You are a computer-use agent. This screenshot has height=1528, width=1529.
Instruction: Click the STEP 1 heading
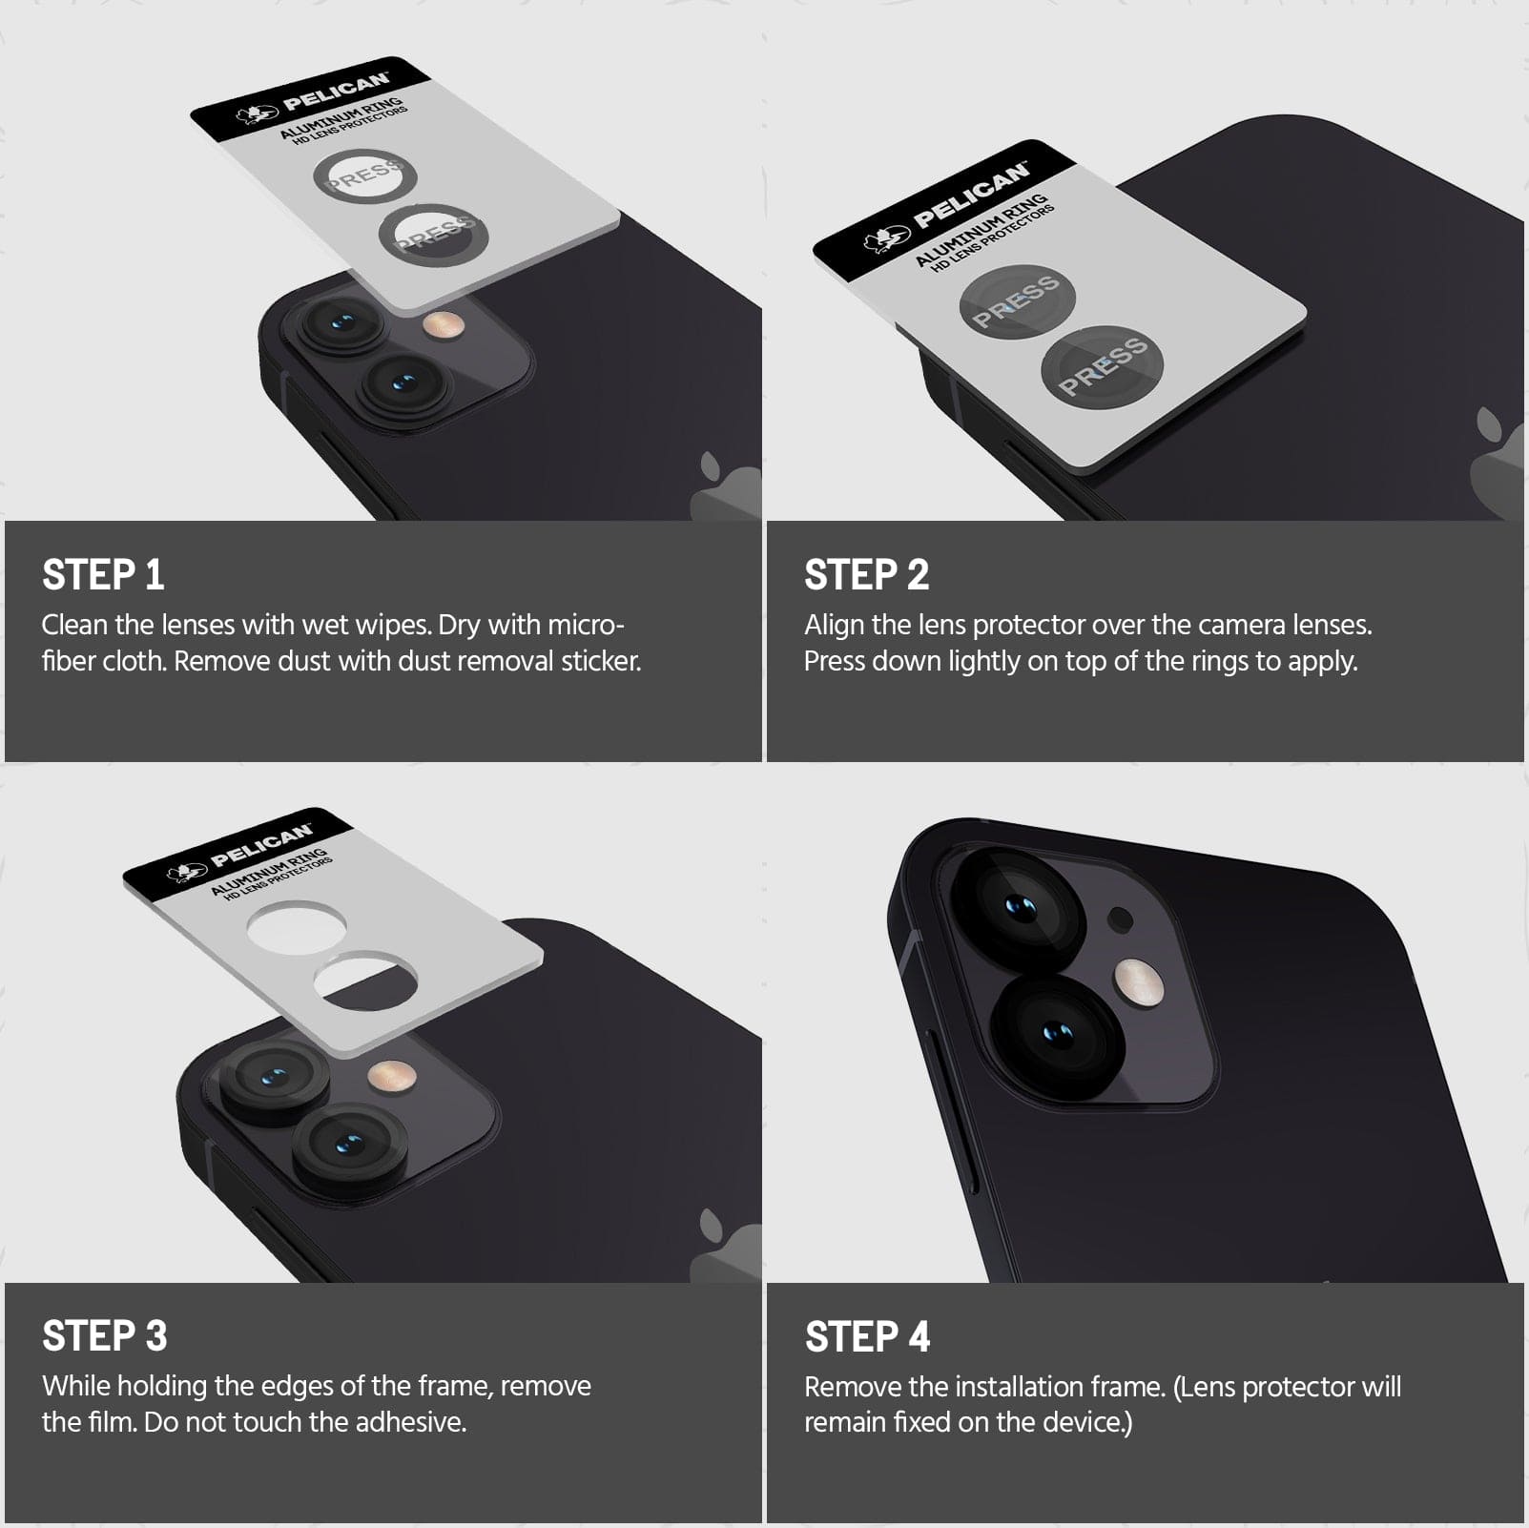tap(103, 575)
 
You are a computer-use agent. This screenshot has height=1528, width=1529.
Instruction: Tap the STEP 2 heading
tap(866, 575)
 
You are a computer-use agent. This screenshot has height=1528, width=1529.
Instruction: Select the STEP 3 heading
tap(105, 1336)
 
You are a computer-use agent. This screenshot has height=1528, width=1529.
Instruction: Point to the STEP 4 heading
tap(867, 1336)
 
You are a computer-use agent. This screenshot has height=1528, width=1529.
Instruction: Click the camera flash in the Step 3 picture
tap(393, 1077)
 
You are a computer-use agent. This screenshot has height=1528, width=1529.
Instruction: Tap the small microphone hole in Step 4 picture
tap(1121, 920)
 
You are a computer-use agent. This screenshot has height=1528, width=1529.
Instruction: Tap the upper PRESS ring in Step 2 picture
tap(1017, 300)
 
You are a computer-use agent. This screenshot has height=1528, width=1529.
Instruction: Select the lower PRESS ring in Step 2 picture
tap(1103, 366)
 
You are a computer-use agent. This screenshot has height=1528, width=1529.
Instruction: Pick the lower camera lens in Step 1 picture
tap(404, 385)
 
